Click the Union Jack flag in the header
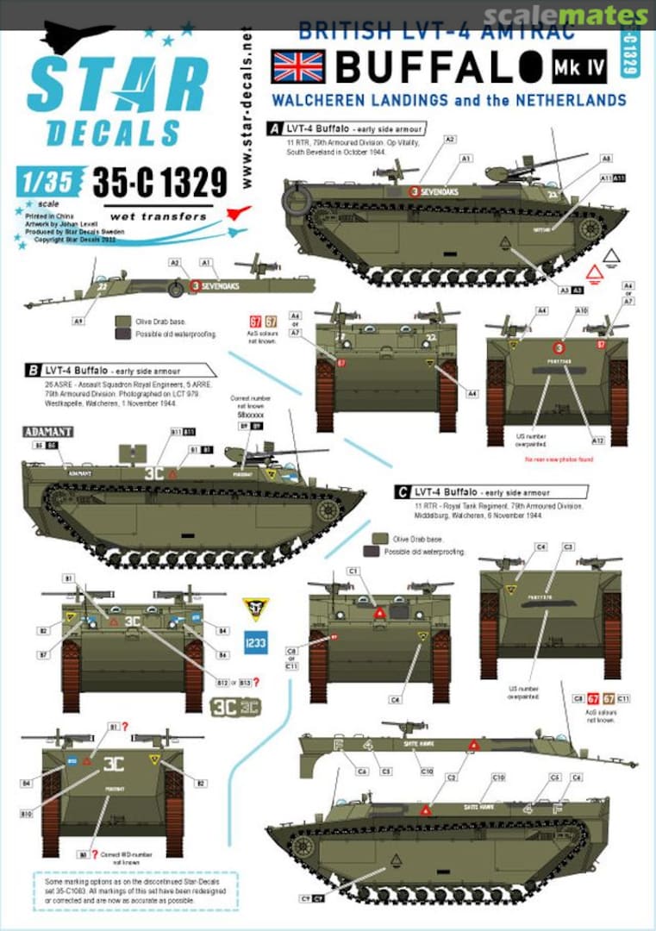(x=297, y=66)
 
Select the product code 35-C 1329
(x=159, y=182)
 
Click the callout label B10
(x=52, y=812)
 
